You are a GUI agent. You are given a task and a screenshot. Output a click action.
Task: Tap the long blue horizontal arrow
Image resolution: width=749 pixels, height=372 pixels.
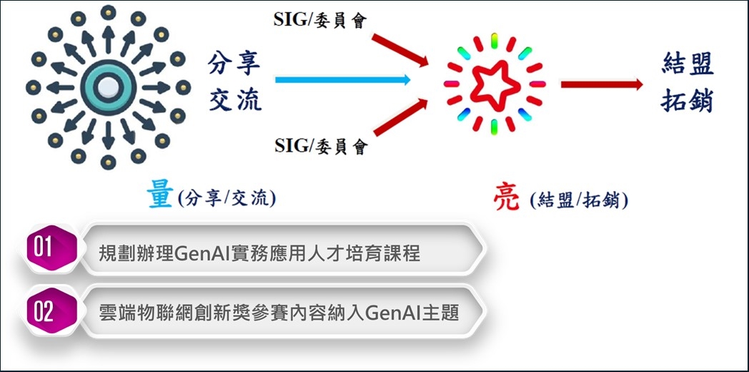(x=343, y=80)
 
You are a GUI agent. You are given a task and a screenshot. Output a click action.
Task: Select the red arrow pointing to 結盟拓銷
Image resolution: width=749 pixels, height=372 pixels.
(x=602, y=84)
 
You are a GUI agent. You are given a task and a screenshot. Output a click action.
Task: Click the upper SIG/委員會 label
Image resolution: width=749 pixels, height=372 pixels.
(x=320, y=20)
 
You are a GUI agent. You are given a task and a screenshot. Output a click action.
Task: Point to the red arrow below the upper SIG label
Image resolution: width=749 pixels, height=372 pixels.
(x=400, y=50)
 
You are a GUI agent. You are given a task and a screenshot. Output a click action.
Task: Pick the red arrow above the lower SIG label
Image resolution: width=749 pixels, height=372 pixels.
(x=400, y=117)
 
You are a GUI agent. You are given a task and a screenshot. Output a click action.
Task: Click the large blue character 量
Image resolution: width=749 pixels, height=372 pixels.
(x=161, y=197)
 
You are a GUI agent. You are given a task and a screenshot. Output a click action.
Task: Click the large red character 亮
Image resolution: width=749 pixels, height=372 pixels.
(x=506, y=199)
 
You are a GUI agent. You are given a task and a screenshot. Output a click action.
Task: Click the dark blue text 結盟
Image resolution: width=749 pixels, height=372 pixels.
(x=688, y=64)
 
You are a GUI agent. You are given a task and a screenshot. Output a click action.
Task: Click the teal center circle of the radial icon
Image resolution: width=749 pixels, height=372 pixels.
(x=109, y=87)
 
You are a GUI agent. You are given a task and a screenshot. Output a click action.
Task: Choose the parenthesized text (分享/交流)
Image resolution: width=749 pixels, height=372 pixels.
(x=227, y=198)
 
